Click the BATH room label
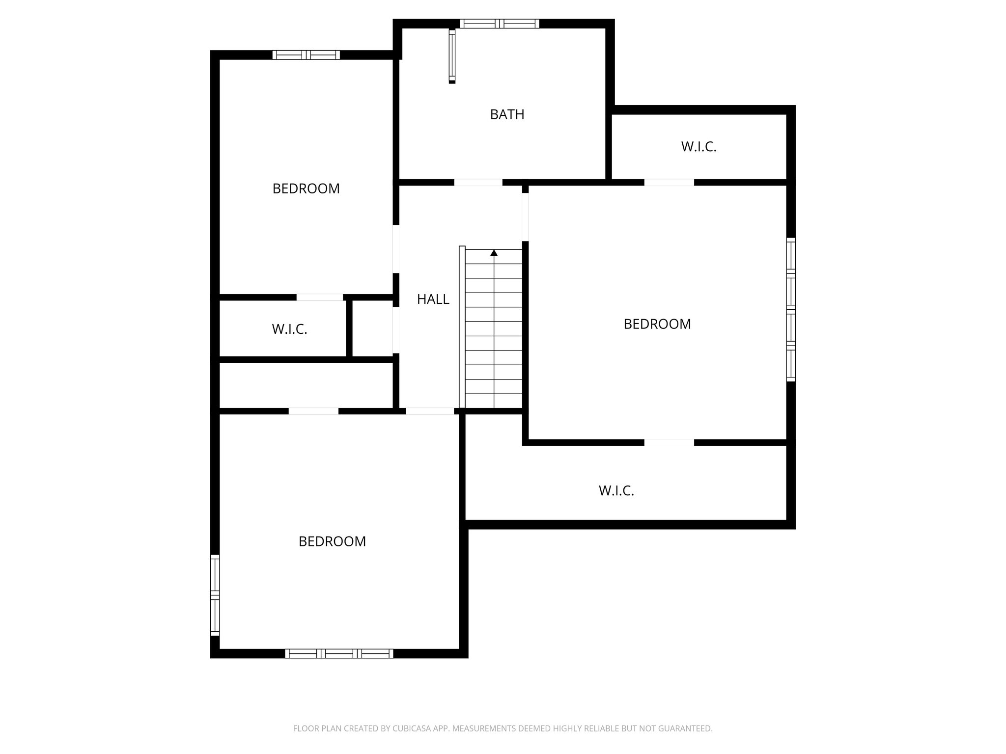(507, 114)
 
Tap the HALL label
(433, 299)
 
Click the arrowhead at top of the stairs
(494, 253)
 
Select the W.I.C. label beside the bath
(699, 146)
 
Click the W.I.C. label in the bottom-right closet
(616, 490)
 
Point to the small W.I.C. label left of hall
(289, 329)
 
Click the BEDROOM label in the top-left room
(306, 188)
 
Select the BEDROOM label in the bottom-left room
(332, 541)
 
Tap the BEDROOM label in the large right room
(657, 324)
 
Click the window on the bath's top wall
(499, 24)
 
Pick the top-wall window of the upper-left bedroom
(306, 55)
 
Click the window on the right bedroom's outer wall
(790, 309)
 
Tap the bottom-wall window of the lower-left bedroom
(339, 653)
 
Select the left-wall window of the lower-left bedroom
(215, 595)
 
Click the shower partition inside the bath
(452, 56)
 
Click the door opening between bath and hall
(478, 182)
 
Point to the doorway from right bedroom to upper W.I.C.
(669, 182)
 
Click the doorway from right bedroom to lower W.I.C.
(669, 442)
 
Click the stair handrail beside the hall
(462, 326)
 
